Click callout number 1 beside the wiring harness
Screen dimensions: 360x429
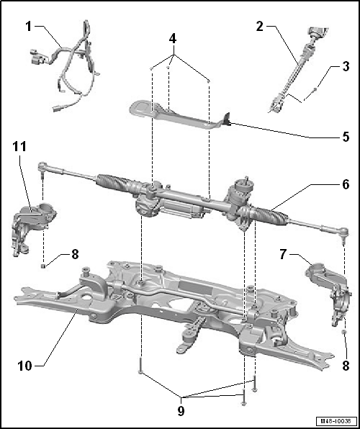29,27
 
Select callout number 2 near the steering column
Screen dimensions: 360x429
259,27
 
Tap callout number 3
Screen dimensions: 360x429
346,66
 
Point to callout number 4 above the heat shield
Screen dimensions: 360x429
173,39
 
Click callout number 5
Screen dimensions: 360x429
346,137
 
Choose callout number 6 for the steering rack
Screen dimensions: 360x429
346,184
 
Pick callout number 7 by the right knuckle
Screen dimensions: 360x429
283,254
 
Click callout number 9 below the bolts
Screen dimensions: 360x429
181,411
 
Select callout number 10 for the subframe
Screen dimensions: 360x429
25,366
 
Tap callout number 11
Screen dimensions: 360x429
19,147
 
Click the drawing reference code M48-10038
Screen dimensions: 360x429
336,420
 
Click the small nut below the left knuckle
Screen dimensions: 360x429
42,266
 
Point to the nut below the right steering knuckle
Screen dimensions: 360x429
344,333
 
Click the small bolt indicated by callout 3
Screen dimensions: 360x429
315,89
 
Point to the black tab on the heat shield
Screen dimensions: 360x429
228,119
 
